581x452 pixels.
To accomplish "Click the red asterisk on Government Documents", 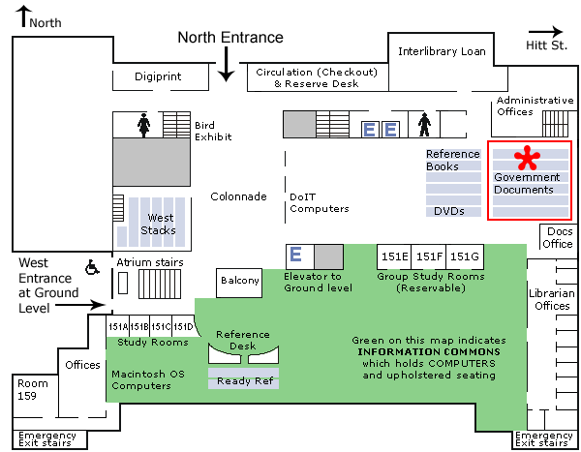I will click(526, 159).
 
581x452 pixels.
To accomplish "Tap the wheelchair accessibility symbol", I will click(94, 266).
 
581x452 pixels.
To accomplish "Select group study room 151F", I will click(429, 256).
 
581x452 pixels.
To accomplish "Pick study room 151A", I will click(115, 326).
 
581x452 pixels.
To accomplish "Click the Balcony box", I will click(240, 281).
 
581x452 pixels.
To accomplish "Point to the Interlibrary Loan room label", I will click(443, 50).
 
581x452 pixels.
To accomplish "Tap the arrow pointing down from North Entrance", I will click(227, 65).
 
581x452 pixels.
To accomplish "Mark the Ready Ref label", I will click(243, 380).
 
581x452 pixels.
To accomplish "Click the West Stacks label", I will click(159, 225).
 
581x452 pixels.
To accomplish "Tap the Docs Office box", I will click(559, 238).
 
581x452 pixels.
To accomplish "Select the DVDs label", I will click(449, 211).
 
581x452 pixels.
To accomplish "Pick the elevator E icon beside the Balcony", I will click(296, 256).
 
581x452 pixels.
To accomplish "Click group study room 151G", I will click(465, 256).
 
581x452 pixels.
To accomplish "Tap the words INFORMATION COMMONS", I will click(427, 351).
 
